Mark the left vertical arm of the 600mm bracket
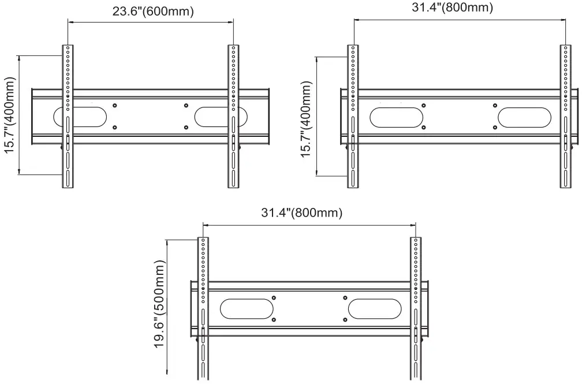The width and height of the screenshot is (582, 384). pos(68,115)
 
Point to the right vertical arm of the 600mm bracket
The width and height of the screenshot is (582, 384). pos(233,115)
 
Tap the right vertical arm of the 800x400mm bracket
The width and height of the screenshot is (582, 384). pos(565,115)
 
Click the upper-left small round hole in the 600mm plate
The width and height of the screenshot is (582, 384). pos(115,106)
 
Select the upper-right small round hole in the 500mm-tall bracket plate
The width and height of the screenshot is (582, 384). pos(345,298)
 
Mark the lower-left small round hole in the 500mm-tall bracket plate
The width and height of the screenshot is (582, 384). pos(274,319)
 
